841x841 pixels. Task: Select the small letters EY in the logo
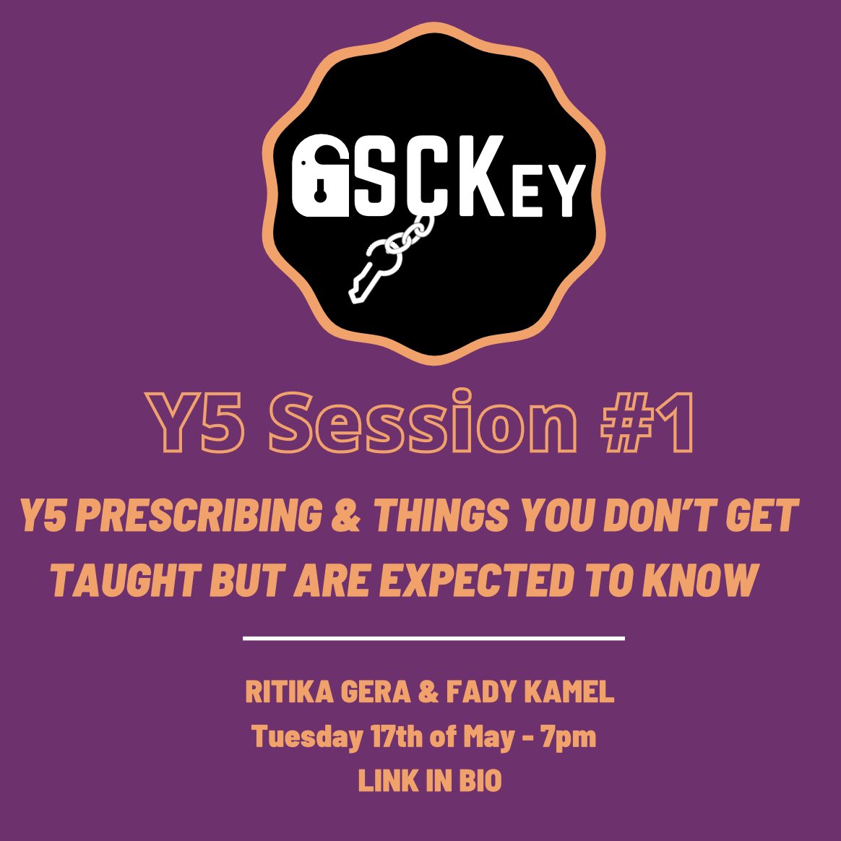(551, 191)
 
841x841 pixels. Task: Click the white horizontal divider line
(434, 638)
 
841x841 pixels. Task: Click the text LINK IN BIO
(430, 781)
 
